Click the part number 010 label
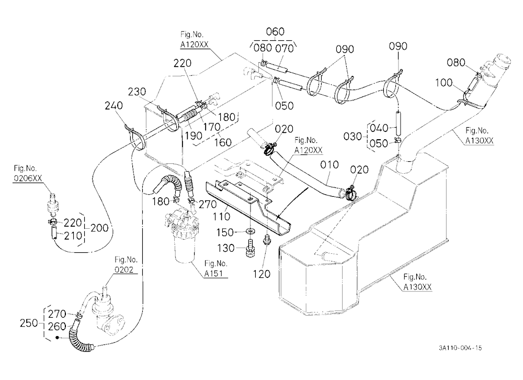pos(329,165)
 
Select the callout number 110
pos(222,216)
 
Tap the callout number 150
pos(225,232)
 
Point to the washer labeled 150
pos(249,231)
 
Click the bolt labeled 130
pos(250,249)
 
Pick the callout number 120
pos(261,274)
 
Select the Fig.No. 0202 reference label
pos(126,264)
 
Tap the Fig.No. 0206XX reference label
pos(28,173)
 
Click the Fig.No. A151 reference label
pos(215,269)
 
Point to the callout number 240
pos(113,106)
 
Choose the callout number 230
pos(137,92)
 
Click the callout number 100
pos(444,83)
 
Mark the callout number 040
pos(379,128)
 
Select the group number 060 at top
pos(275,32)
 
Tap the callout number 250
pos(29,323)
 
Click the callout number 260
pos(57,327)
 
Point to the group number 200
pos(99,228)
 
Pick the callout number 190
pos(194,136)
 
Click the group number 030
pos(353,137)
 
